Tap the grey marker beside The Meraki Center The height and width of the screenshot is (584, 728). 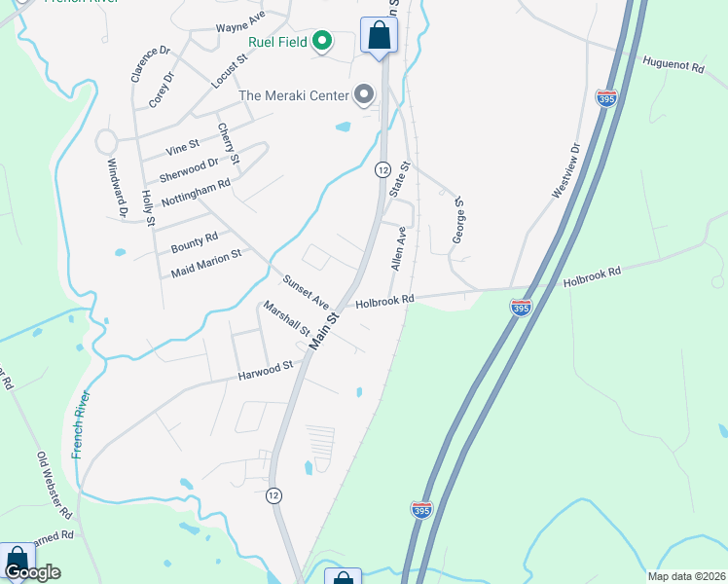click(x=364, y=94)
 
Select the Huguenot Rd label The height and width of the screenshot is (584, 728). click(x=673, y=65)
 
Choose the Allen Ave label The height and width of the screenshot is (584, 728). click(x=397, y=248)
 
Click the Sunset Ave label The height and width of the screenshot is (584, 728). click(x=307, y=287)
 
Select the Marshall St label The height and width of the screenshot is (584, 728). click(x=286, y=317)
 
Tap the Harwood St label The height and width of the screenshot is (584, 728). click(x=267, y=368)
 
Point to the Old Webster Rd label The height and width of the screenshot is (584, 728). click(x=55, y=484)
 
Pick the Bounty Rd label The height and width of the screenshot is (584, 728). click(x=195, y=239)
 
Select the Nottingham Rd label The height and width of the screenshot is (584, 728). click(x=197, y=191)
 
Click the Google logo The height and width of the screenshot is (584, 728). click(x=32, y=572)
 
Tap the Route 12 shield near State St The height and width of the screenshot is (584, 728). click(x=382, y=169)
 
